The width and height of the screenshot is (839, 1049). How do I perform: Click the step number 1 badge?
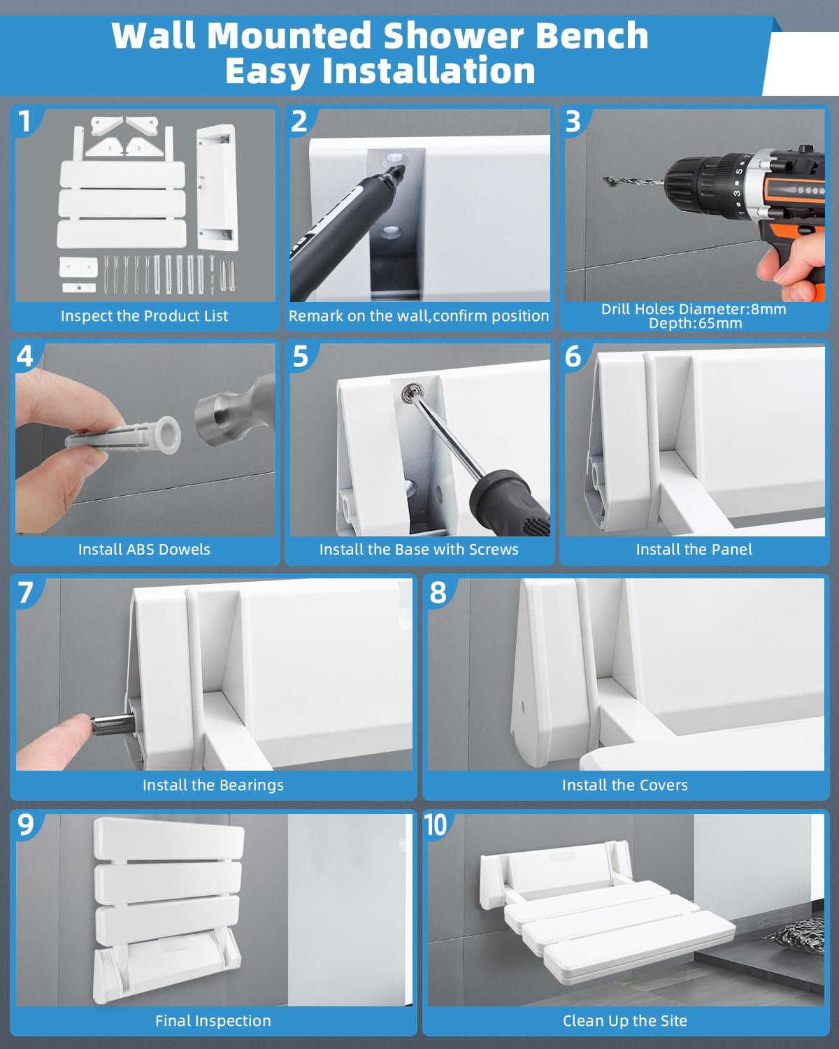coord(24,122)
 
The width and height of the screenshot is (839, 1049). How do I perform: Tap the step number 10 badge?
coord(436,825)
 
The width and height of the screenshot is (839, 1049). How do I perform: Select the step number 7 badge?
coord(25,593)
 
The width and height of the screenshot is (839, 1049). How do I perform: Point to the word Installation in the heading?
coord(429,71)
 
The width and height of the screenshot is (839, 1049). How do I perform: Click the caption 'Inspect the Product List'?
coord(144,316)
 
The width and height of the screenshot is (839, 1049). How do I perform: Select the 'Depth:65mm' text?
coord(695,323)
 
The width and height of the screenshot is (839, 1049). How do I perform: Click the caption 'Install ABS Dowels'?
coord(144,550)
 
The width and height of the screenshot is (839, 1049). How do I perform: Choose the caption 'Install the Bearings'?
coord(213,785)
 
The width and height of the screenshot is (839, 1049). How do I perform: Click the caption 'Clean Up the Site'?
coord(625,1020)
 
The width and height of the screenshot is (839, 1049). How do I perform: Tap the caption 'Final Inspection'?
coord(213,1020)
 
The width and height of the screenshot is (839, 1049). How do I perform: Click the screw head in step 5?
coord(409,392)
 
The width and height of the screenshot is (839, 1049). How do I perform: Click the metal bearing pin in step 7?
coord(113,723)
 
